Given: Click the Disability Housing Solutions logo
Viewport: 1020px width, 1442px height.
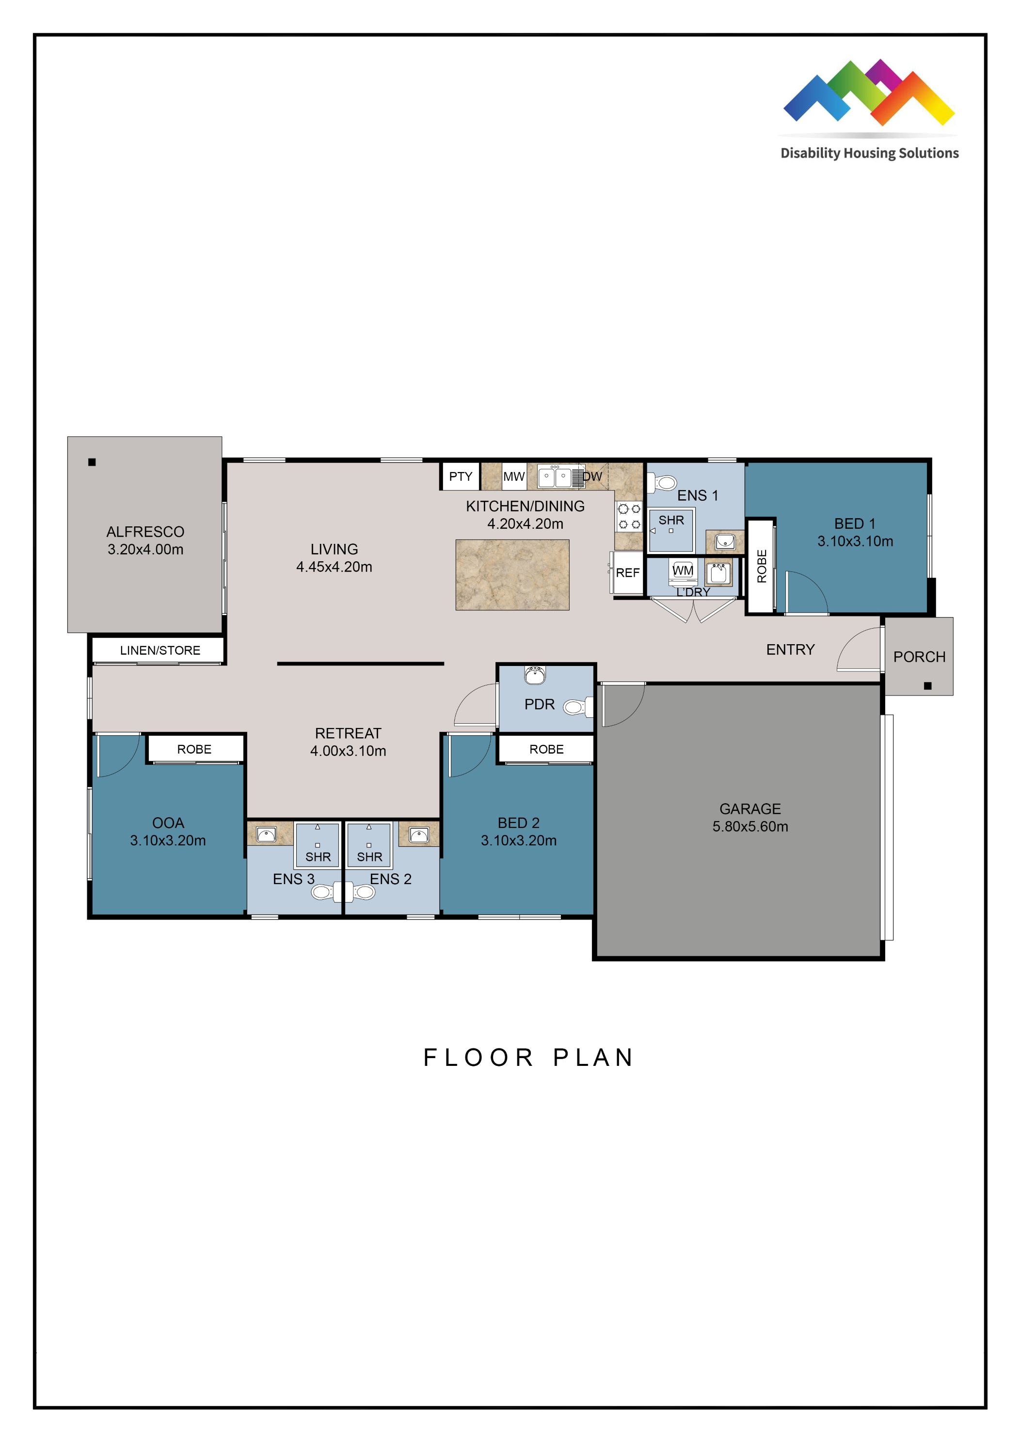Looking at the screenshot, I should click(x=869, y=110).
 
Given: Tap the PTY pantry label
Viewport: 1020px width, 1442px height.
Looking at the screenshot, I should click(x=461, y=476).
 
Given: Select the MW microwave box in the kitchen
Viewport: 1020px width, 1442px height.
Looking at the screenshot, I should click(x=514, y=476).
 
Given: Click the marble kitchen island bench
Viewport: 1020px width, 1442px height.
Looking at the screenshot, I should click(x=512, y=575).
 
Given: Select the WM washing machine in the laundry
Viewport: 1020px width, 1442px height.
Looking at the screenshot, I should click(x=683, y=571).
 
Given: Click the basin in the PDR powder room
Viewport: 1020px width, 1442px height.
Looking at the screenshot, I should click(x=535, y=676).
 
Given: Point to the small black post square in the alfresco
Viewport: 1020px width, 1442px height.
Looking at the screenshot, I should click(x=92, y=462).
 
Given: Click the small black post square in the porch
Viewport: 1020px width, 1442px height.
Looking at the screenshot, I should click(x=928, y=686).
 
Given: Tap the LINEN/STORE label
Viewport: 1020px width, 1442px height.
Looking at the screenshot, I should click(x=160, y=650).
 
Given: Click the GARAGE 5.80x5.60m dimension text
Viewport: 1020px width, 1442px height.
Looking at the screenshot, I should click(x=750, y=826).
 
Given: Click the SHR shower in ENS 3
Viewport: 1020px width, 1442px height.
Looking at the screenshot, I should click(x=318, y=845).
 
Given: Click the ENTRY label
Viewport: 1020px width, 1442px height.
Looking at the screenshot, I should click(x=790, y=650).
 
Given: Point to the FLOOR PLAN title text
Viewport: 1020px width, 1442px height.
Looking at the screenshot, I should click(x=529, y=1058).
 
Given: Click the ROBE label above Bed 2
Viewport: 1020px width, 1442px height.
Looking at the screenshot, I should click(x=546, y=749).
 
